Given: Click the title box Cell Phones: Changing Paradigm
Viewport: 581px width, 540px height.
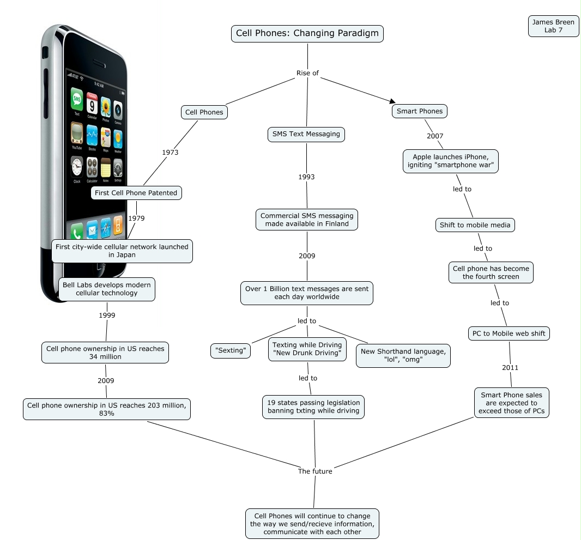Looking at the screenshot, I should (x=307, y=33).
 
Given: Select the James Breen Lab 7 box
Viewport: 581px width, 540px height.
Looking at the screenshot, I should (x=553, y=26).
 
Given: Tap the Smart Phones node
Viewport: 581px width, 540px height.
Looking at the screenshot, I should (x=419, y=111).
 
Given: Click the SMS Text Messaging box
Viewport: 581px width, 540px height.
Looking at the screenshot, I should (x=306, y=134).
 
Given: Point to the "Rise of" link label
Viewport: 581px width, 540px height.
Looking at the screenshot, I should (x=307, y=73).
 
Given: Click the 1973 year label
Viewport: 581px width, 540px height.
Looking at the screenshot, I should (x=170, y=153).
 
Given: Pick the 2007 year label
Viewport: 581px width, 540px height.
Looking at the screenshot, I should (x=435, y=136).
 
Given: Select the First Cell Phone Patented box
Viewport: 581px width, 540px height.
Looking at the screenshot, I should (x=136, y=192).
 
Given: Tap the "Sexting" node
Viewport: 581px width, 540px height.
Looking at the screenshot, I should (x=231, y=350).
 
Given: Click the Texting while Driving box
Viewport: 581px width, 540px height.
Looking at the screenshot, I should (x=307, y=349).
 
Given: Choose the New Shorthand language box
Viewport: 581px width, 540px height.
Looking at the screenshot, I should (x=403, y=355).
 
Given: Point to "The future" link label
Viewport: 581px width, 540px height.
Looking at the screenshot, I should (x=315, y=471).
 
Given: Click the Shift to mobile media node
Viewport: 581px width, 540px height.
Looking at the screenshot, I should (x=475, y=225).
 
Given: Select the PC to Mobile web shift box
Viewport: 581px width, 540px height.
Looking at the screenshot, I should (x=509, y=333).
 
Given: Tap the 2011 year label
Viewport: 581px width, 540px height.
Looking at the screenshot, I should (x=510, y=368).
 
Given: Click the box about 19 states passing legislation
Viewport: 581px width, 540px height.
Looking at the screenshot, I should (x=313, y=406).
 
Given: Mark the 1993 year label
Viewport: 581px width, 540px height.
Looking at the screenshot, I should (x=306, y=177).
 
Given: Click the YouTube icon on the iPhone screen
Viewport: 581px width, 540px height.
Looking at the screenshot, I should (x=77, y=134).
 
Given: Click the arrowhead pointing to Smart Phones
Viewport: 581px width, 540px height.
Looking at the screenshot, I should (x=391, y=101).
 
